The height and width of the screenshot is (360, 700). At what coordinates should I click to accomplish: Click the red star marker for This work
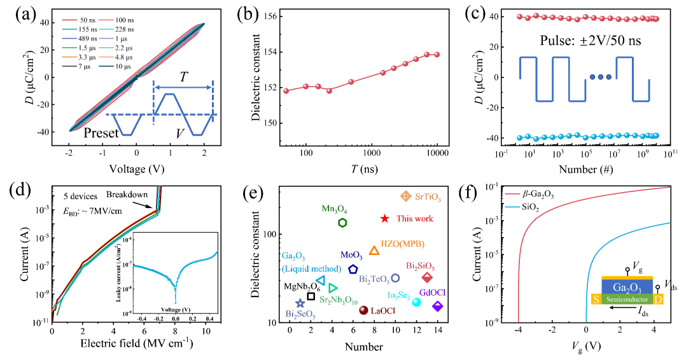point(384,219)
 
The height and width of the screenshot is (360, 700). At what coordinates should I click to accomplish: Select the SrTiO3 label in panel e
point(428,198)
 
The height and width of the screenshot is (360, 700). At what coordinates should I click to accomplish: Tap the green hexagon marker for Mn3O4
point(342,223)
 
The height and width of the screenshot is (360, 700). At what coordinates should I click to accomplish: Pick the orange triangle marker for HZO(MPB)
point(374,251)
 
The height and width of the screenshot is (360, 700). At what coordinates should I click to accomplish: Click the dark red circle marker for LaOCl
point(363,310)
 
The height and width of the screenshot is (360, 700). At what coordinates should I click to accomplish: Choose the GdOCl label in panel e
point(432,293)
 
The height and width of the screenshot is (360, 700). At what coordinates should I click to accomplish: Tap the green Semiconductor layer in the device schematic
point(628,299)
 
